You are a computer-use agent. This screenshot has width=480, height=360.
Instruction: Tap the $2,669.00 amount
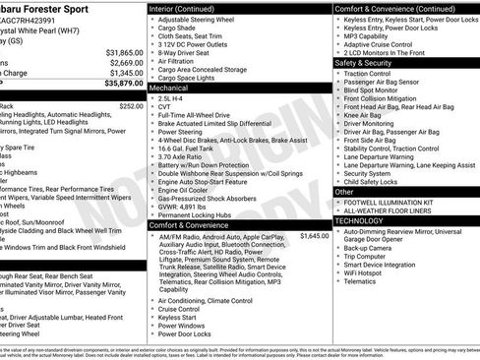(x=125, y=62)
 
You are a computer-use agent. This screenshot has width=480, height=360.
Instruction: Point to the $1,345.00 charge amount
(x=125, y=73)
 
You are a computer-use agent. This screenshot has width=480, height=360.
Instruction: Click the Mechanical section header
(x=168, y=88)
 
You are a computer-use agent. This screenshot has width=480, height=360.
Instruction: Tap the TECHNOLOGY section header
(x=364, y=222)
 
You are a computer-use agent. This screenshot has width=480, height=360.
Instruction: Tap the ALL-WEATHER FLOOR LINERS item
(x=394, y=211)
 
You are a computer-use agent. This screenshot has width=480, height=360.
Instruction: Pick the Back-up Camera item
(x=373, y=249)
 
